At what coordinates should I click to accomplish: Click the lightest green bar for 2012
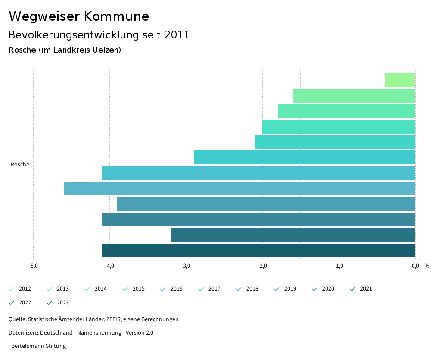point(400,80)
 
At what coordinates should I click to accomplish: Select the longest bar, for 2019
point(239,188)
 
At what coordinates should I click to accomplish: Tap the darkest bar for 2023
point(258,250)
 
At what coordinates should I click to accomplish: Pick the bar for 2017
point(304,157)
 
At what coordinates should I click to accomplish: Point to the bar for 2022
point(293,235)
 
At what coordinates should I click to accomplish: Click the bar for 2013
point(354,96)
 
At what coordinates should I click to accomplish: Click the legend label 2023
point(62,303)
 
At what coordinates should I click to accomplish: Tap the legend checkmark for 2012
point(12,289)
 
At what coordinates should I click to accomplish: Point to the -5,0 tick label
point(33,266)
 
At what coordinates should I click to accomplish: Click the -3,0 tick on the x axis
point(186,266)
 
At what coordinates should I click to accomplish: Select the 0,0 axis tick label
point(415,266)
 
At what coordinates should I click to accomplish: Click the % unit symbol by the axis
point(427,266)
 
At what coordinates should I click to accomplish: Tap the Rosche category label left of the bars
point(20,165)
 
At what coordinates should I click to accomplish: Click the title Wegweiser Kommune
point(79,16)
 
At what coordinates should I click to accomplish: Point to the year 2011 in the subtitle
point(177,35)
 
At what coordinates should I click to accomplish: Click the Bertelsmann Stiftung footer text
point(38,346)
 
